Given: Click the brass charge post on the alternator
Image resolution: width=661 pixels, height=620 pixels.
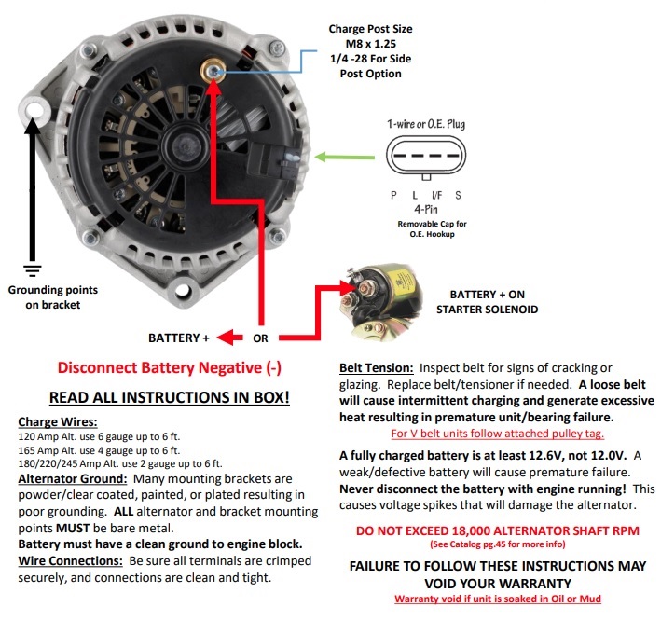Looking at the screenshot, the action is [213, 71].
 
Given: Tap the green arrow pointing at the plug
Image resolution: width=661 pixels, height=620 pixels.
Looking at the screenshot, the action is [345, 158].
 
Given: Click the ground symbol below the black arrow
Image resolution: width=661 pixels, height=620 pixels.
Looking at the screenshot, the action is [33, 270].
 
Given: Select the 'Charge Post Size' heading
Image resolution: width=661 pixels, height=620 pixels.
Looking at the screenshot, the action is [370, 29].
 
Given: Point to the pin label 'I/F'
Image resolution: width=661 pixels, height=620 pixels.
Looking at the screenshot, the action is [436, 195].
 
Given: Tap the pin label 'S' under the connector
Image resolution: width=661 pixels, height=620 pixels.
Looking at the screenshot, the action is [458, 195].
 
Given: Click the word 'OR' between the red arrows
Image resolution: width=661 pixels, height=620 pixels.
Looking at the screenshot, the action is [260, 338].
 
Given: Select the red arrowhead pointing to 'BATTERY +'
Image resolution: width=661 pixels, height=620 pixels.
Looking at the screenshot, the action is [229, 338].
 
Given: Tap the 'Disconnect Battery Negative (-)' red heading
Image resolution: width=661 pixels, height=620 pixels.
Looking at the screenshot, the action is [170, 367].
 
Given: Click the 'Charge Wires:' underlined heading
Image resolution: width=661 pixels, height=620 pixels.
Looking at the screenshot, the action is [58, 421].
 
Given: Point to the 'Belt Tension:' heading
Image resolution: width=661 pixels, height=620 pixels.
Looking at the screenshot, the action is [377, 368].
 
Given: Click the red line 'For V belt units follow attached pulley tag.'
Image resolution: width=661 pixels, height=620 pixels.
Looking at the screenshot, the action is [498, 434].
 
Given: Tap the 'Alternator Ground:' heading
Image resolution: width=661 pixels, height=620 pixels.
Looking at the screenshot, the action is [73, 479].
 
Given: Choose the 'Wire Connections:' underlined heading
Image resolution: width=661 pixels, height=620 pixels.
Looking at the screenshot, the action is [71, 561].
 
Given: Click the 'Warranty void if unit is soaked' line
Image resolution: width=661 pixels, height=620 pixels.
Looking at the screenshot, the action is [498, 599].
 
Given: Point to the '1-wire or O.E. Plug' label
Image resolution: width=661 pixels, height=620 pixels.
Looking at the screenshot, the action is [426, 124].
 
